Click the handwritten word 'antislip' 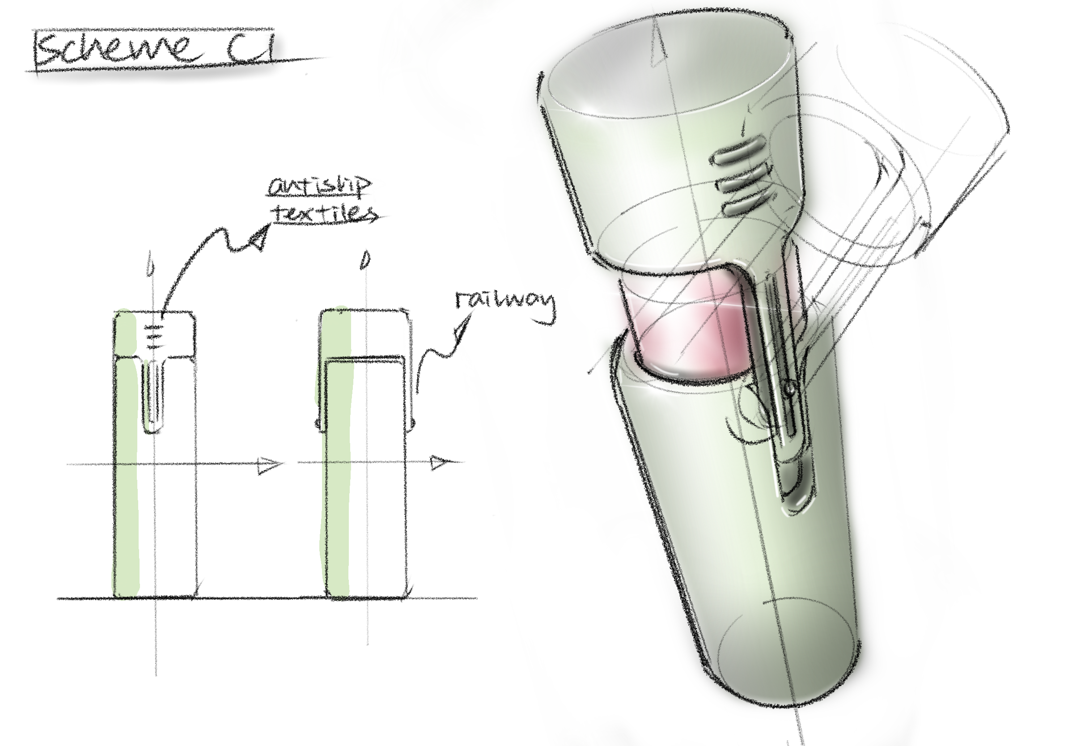click(320, 187)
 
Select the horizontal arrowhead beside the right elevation click(440, 462)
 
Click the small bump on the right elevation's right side click(413, 423)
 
